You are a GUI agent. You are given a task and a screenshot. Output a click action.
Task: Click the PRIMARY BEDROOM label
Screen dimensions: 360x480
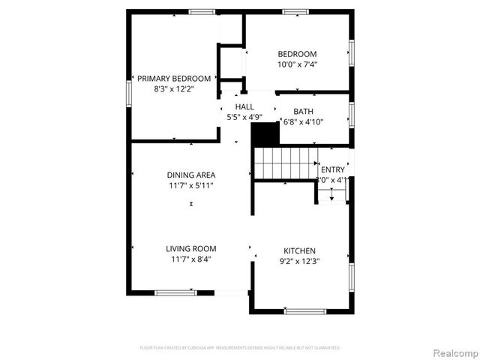[173, 78]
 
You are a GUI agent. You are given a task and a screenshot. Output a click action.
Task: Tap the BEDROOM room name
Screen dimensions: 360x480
[297, 54]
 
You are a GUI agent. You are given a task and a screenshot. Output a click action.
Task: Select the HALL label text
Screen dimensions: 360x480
[244, 107]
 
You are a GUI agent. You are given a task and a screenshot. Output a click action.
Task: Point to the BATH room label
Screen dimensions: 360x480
[303, 112]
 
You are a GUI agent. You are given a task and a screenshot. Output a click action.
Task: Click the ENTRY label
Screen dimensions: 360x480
[332, 170]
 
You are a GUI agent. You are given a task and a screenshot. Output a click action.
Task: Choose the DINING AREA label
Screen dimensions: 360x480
[190, 175]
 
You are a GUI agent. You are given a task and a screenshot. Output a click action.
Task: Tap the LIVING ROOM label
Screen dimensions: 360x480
[190, 248]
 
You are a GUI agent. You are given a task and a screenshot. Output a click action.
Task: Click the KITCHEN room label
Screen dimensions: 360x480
[299, 250]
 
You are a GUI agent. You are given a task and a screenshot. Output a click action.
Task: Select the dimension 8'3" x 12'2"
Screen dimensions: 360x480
[173, 88]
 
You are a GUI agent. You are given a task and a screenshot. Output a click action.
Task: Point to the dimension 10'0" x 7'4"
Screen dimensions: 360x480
[297, 64]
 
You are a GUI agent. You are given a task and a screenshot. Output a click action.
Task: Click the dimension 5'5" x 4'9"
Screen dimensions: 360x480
[244, 117]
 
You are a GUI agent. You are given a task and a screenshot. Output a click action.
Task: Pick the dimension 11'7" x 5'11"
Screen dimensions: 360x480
[190, 185]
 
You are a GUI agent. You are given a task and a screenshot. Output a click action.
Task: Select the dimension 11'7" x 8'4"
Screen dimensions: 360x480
[190, 259]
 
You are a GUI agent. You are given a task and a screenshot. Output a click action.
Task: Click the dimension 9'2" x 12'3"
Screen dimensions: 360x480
[299, 261]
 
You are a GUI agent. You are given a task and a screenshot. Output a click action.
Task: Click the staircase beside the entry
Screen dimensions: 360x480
[284, 163]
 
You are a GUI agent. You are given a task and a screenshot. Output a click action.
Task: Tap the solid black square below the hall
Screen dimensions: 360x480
[264, 135]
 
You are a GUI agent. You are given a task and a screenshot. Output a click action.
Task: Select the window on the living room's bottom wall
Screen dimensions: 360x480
[175, 292]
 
